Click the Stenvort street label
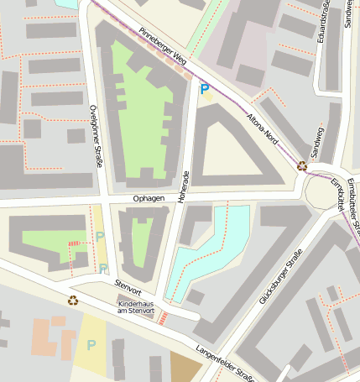pyautogui.click(x=130, y=285)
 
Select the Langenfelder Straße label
pyautogui.click(x=224, y=363)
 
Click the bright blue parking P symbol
pyautogui.click(x=204, y=86)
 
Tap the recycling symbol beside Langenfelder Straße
pyautogui.click(x=74, y=300)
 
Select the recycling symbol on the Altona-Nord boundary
pyautogui.click(x=302, y=165)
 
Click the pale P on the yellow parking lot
pyautogui.click(x=91, y=345)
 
